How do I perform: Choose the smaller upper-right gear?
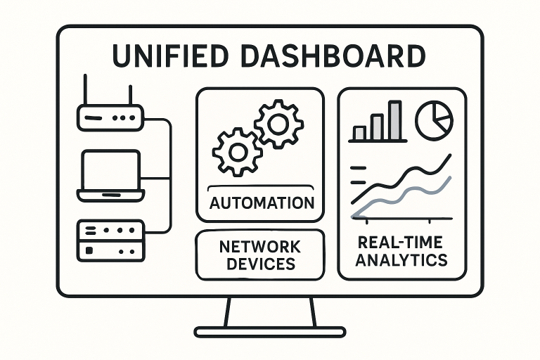click(278, 124)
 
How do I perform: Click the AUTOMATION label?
click(261, 204)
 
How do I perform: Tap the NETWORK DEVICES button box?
click(259, 255)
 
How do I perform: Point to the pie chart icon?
click(434, 120)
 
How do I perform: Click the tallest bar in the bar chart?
click(395, 120)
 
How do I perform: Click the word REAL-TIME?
click(400, 243)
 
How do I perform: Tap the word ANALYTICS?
click(401, 260)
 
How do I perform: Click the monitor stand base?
click(270, 331)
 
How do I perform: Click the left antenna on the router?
click(86, 90)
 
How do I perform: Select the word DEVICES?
click(259, 264)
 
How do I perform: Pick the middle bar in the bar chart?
click(378, 126)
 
